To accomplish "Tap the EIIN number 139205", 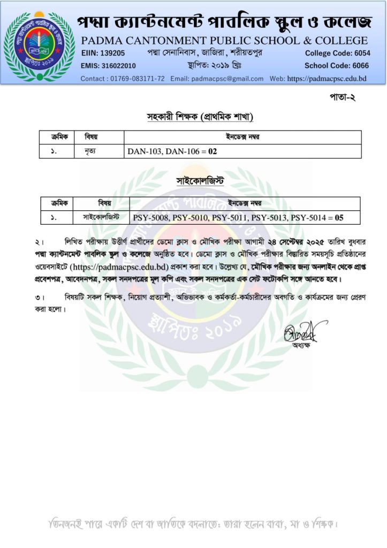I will pyautogui.click(x=112, y=53).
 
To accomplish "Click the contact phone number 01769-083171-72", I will pyautogui.click(x=136, y=79).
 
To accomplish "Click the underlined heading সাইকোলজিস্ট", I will pyautogui.click(x=200, y=182).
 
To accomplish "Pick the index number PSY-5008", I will pyautogui.click(x=151, y=218).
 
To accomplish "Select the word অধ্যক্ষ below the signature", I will pyautogui.click(x=301, y=346).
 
